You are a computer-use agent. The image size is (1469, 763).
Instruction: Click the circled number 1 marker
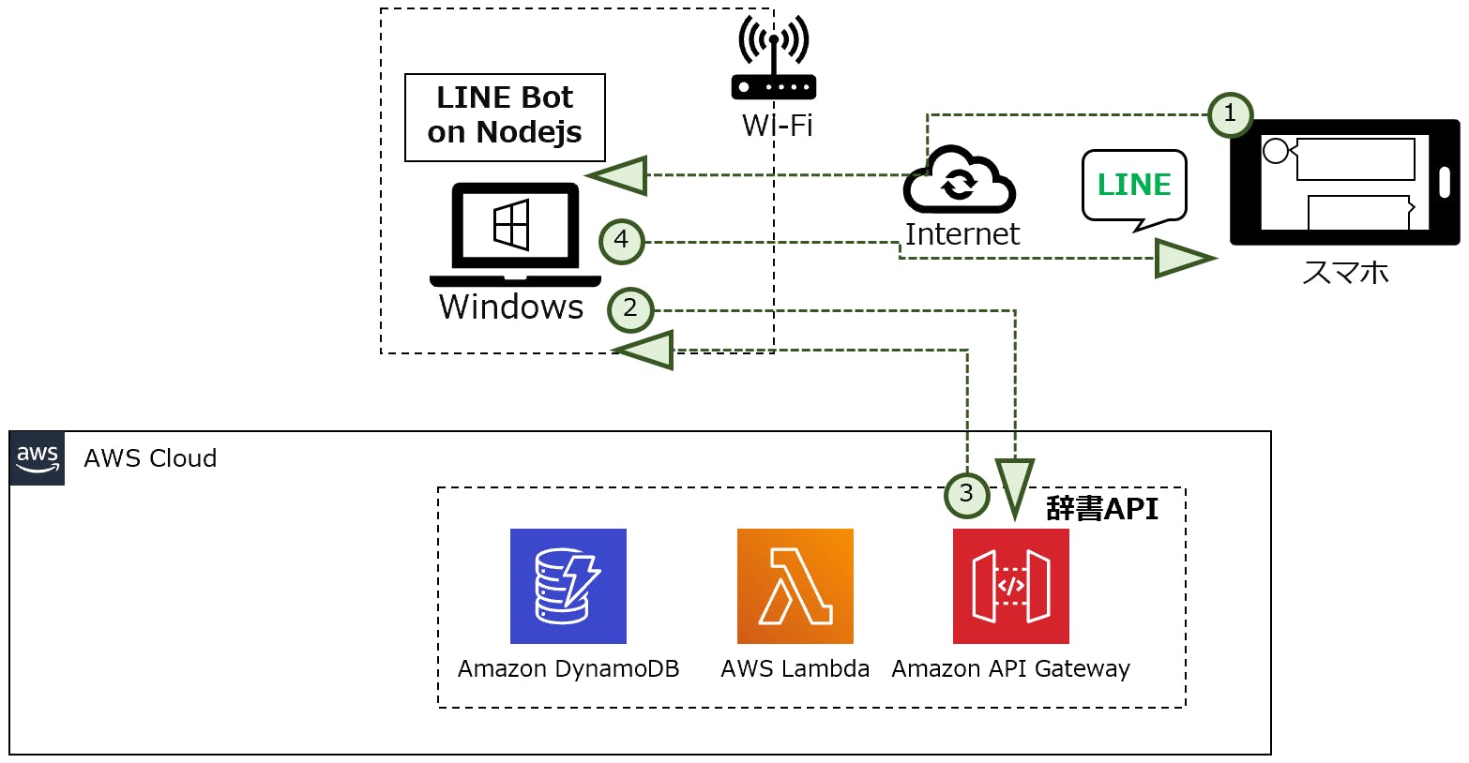(x=1230, y=115)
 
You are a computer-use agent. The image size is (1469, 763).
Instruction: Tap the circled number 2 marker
(x=630, y=309)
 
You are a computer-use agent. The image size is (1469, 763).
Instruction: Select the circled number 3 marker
(x=966, y=494)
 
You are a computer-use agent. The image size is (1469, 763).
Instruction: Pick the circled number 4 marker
(x=621, y=241)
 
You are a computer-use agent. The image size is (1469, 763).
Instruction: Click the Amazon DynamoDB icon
(x=568, y=586)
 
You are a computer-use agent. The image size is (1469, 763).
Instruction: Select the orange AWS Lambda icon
(x=795, y=586)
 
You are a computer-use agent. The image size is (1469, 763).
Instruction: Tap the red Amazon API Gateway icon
(x=1011, y=586)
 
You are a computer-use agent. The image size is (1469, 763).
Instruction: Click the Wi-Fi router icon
(x=773, y=58)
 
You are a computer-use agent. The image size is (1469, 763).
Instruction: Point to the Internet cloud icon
(x=959, y=181)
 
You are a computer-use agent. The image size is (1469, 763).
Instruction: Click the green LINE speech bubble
(x=1134, y=187)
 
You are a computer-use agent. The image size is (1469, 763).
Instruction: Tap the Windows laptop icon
(x=515, y=235)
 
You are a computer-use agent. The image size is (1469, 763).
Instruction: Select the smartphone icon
(x=1344, y=182)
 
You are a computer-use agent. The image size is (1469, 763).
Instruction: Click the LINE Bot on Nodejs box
(x=505, y=117)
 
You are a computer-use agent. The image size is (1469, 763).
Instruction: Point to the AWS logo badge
(x=38, y=458)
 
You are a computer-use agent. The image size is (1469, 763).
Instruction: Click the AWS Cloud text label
(x=150, y=458)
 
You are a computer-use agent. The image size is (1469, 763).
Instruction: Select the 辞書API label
(x=1102, y=509)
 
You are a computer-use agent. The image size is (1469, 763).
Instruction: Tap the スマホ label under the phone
(x=1345, y=273)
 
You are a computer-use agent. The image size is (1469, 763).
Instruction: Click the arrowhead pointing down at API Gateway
(x=1015, y=485)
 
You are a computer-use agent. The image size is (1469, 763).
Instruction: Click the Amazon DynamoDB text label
(x=568, y=669)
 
